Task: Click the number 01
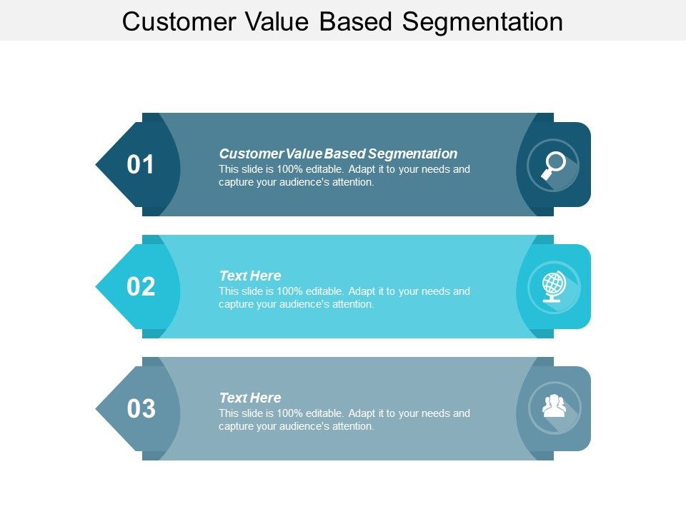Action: tap(141, 165)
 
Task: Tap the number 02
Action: tap(141, 287)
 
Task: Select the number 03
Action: tap(141, 409)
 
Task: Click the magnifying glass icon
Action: tap(553, 165)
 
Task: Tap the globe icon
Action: tap(553, 286)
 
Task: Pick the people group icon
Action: tap(554, 407)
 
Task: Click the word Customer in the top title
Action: tap(179, 21)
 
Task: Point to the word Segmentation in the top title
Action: tap(482, 21)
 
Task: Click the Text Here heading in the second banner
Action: tap(250, 276)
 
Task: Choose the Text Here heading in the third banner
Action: tap(250, 398)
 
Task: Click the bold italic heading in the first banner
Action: tap(338, 153)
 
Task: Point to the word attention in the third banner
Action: tap(349, 426)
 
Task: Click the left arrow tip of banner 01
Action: tap(100, 165)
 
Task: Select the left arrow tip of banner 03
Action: tap(100, 409)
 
